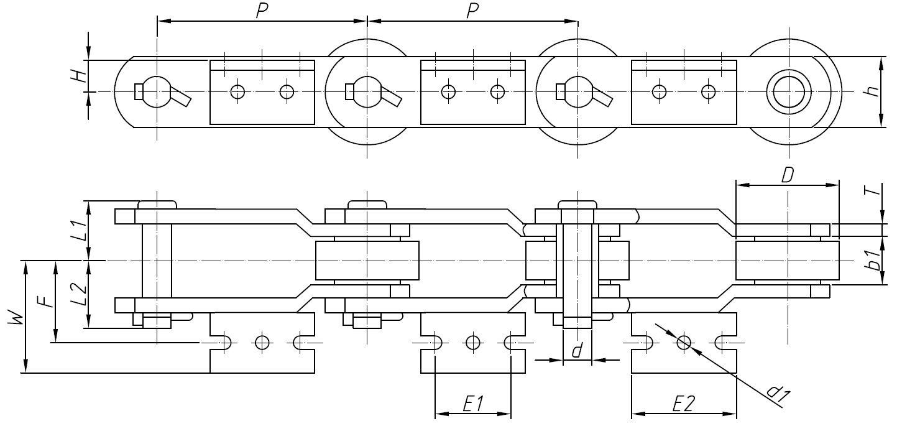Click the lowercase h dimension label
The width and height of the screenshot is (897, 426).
(x=873, y=91)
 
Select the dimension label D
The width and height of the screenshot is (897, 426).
(x=787, y=175)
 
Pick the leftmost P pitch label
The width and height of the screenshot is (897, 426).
(x=262, y=11)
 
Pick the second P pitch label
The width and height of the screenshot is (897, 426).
(x=472, y=11)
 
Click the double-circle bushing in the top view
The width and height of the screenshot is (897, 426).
(x=789, y=91)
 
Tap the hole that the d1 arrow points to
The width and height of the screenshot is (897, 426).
(x=684, y=341)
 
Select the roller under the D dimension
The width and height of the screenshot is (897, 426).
(x=787, y=261)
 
